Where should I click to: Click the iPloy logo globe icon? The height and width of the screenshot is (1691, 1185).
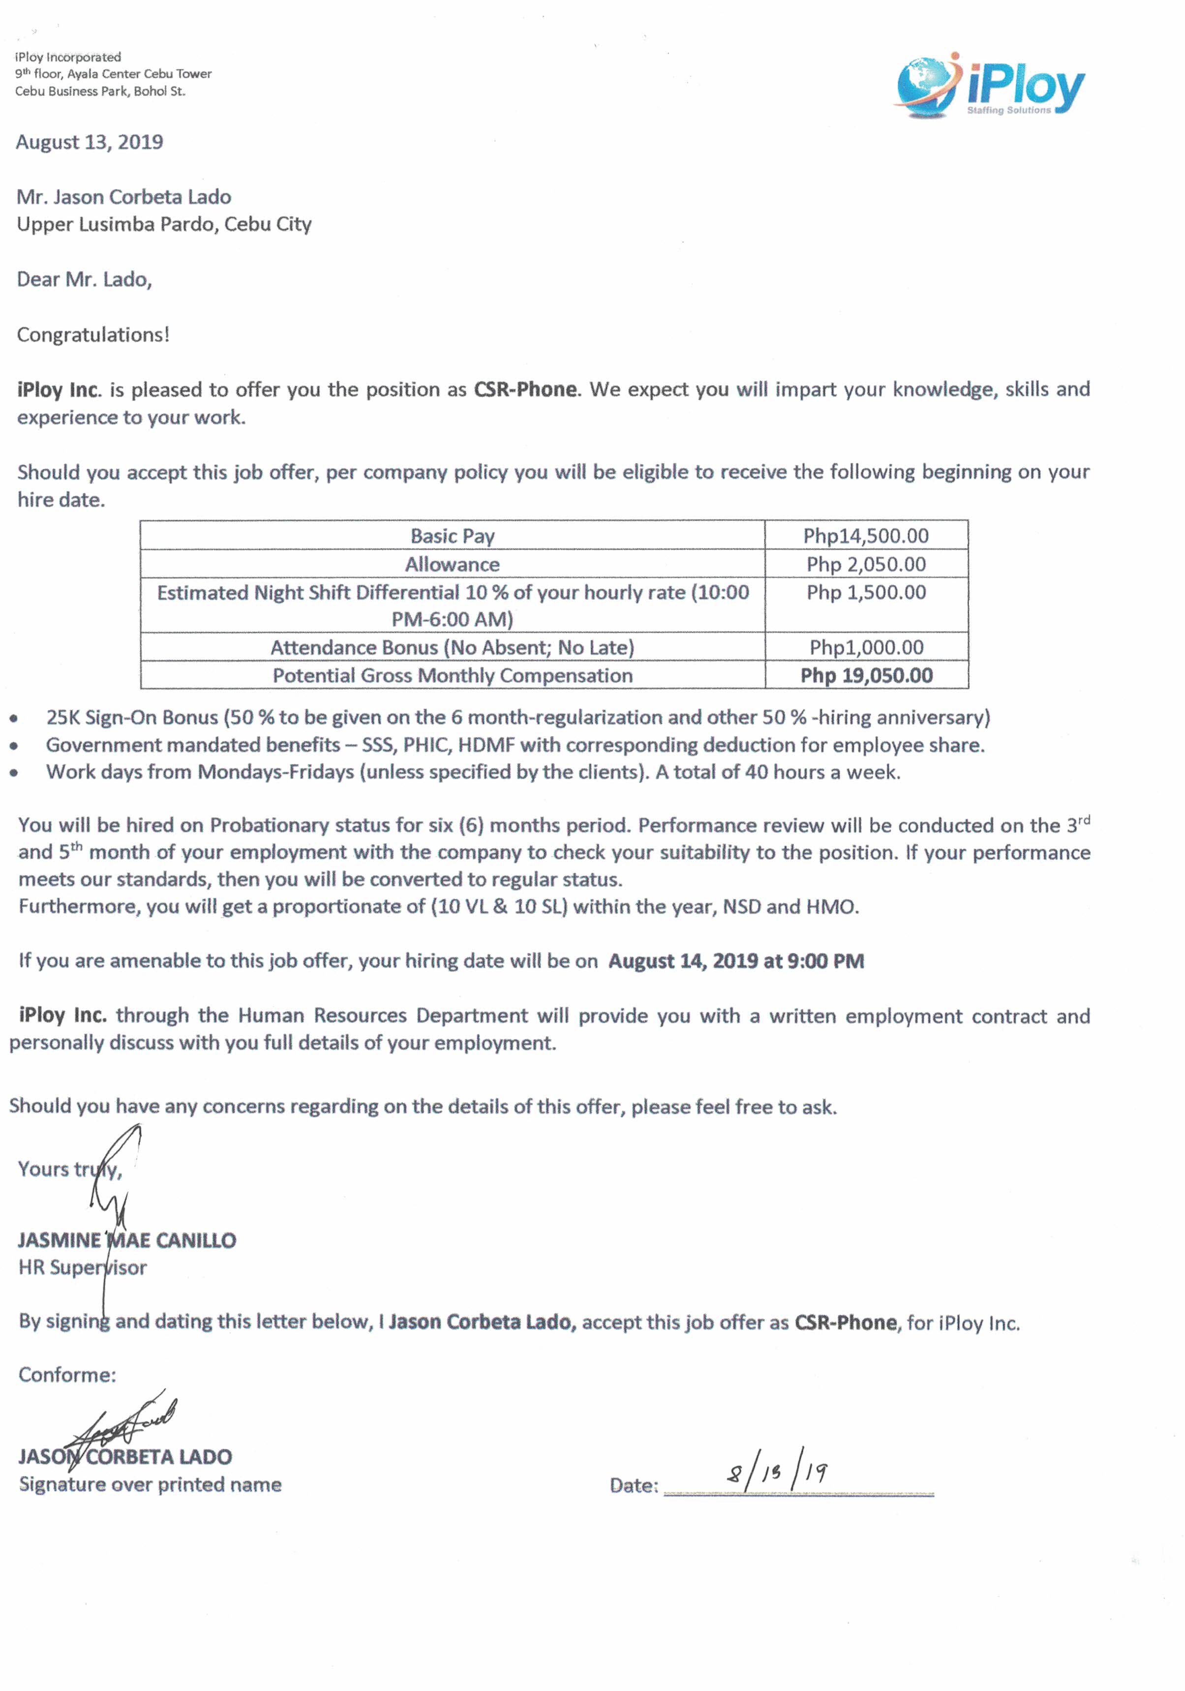924,86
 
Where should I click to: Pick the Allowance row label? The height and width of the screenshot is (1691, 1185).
452,564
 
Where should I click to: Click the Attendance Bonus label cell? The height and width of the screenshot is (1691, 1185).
452,647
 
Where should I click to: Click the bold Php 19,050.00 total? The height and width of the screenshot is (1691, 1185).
866,676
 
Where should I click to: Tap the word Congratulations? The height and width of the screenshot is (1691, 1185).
93,335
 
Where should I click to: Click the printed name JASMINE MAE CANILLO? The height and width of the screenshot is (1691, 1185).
127,1240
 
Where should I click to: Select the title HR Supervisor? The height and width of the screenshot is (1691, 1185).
83,1267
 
